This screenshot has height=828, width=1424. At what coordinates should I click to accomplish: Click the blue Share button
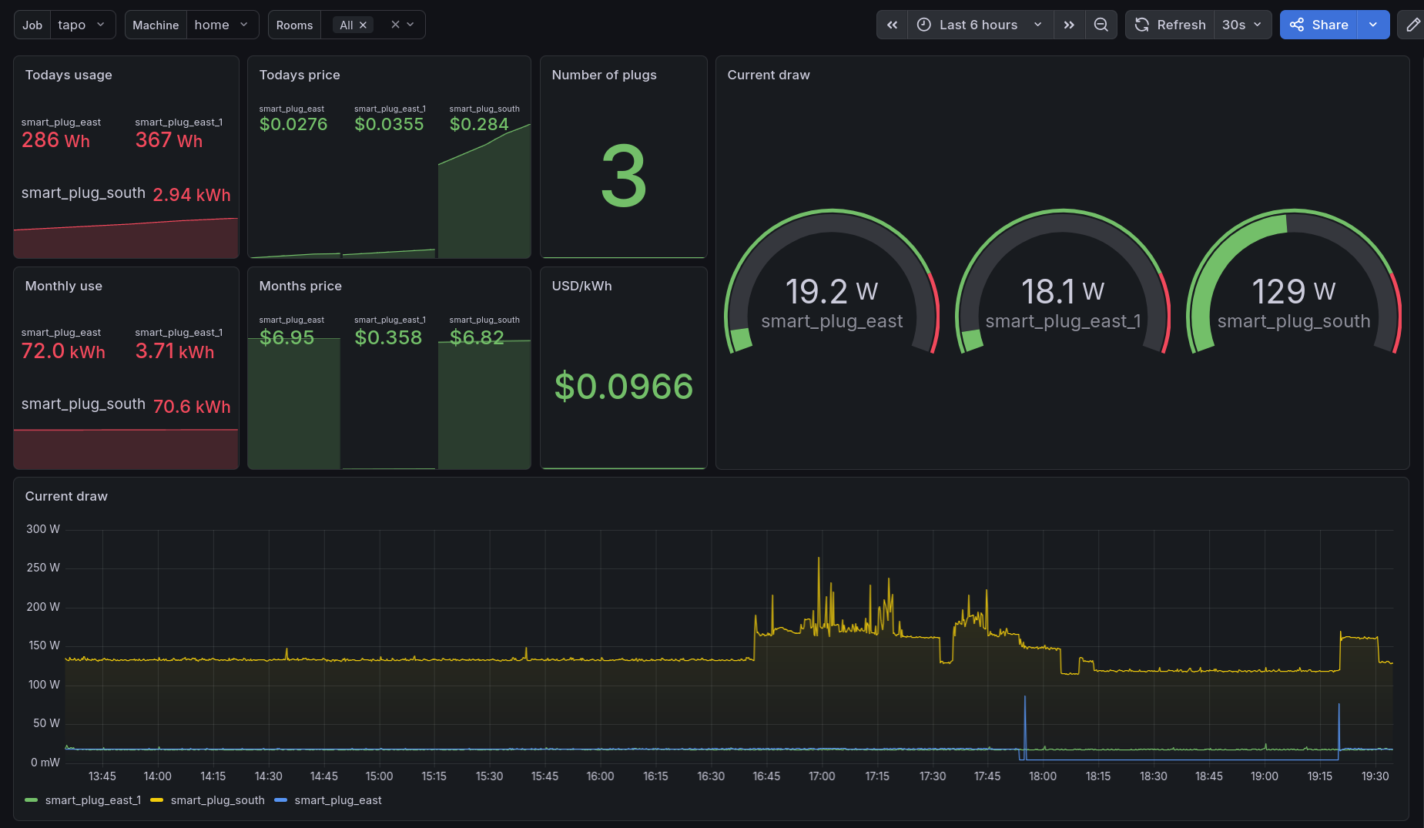1318,25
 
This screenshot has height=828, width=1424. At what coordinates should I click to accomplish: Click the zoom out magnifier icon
1101,25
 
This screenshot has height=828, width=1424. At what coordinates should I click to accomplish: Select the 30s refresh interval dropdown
1242,25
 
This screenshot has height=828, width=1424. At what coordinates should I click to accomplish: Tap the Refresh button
1170,25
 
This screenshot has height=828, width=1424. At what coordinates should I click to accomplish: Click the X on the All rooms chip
363,25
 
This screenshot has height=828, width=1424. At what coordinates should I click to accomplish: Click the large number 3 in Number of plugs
624,176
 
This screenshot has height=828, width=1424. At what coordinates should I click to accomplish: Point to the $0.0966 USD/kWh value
624,386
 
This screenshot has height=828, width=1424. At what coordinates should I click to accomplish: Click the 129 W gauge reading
1294,291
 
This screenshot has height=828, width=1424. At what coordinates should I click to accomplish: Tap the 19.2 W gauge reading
832,291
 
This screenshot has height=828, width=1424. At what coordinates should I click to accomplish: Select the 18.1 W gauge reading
1063,291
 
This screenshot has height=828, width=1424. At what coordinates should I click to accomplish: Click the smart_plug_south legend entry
208,800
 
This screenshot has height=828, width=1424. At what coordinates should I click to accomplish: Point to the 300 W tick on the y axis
43,529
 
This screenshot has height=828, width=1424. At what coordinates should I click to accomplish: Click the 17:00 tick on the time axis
822,776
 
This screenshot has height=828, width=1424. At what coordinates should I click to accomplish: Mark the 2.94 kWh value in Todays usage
192,195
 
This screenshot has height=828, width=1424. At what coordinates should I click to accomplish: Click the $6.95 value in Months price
287,337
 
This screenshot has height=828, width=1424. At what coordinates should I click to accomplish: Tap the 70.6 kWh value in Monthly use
192,407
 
